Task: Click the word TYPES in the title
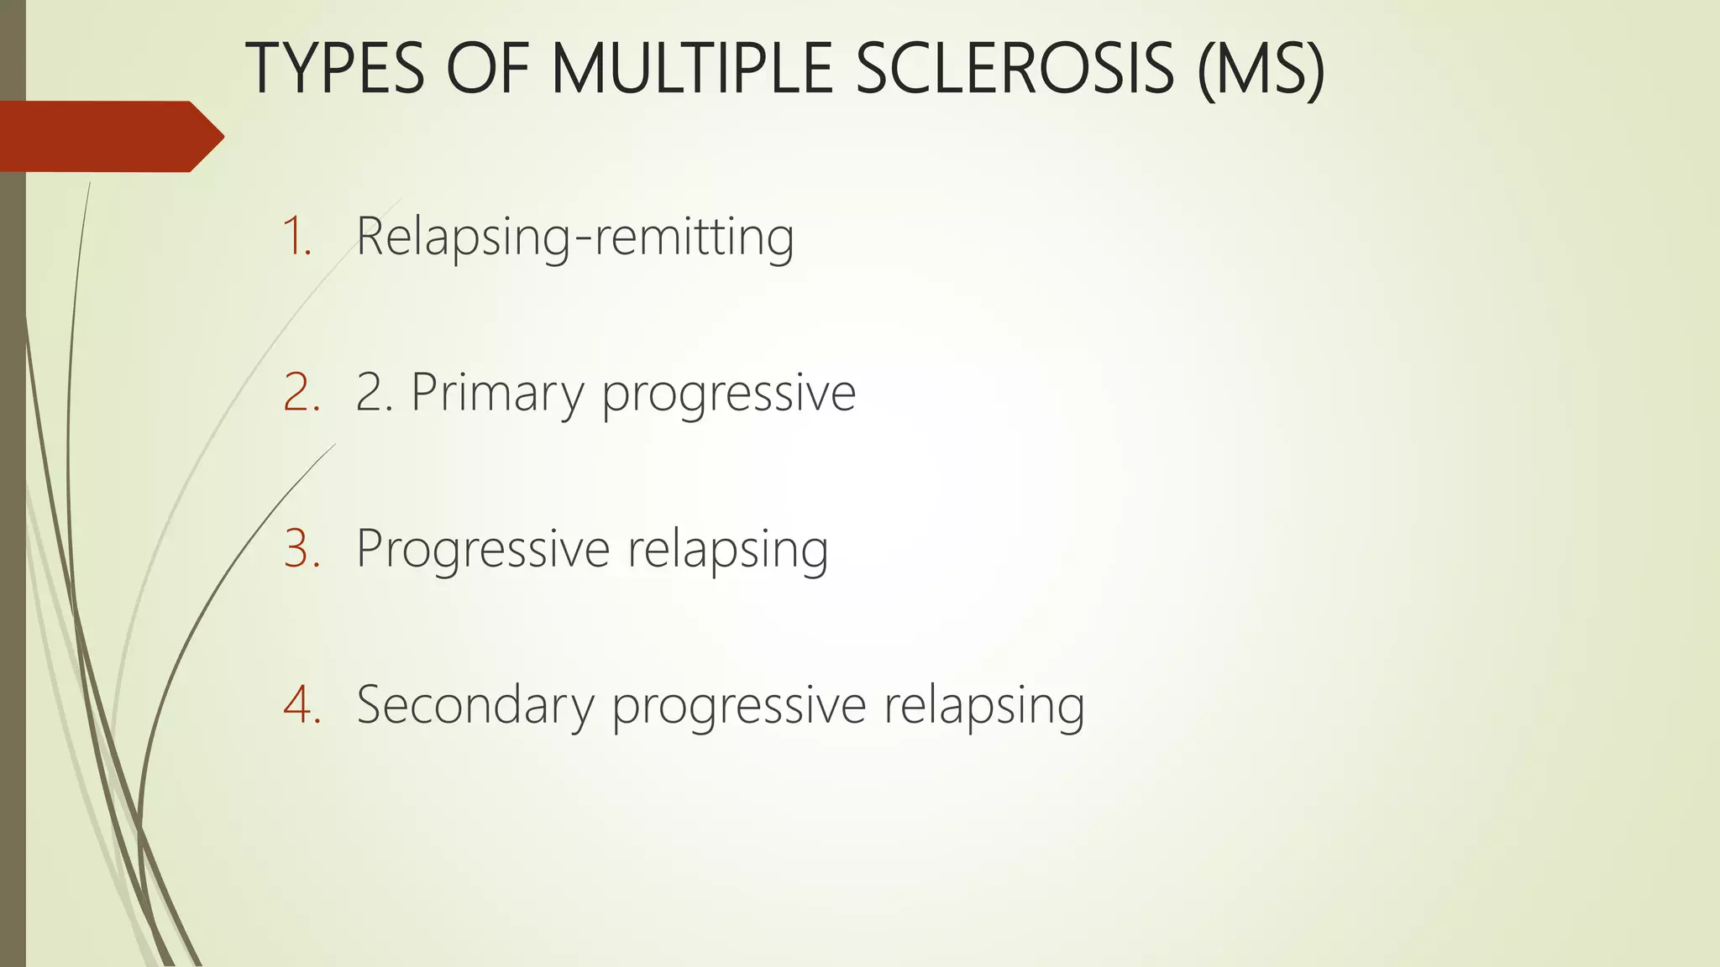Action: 335,69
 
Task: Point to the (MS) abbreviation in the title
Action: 1261,69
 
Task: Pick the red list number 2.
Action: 302,392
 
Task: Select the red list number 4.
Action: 302,704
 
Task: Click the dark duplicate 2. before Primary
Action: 375,392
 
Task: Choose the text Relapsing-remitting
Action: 574,238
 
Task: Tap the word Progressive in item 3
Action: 483,550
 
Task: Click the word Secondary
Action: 475,706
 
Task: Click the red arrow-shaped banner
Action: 105,137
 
